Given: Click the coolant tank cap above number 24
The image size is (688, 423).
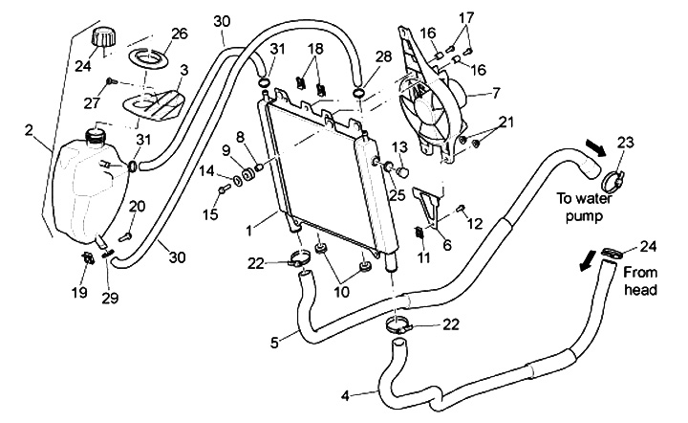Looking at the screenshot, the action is pos(104,36).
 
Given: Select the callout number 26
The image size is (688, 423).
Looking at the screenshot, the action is pos(179,33).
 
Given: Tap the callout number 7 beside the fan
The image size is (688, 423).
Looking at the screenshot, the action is pos(496,93).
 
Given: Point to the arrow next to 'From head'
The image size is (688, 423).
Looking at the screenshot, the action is pos(586,261).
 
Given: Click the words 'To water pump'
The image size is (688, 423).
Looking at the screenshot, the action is pos(584,207).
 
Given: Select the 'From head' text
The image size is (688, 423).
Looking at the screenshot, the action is pos(640,280).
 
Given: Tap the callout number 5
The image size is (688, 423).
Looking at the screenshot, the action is pos(274,343).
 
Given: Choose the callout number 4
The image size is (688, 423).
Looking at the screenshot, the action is pos(345,396).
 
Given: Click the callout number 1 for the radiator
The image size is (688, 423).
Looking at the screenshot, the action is pos(248,231).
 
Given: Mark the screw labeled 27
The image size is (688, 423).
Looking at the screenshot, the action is pos(110,81).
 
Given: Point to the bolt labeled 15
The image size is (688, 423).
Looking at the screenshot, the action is pos(223,189).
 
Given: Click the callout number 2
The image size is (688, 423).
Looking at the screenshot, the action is pos(29,130).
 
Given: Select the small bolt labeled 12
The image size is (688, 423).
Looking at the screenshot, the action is pos(462,208).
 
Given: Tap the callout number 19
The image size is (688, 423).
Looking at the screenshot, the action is pos(79,292).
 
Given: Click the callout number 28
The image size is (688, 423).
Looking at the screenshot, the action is pos(383,56).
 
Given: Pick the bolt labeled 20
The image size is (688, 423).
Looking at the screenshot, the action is pos(124,236).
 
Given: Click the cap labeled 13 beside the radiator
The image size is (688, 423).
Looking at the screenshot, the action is pos(403,171).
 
